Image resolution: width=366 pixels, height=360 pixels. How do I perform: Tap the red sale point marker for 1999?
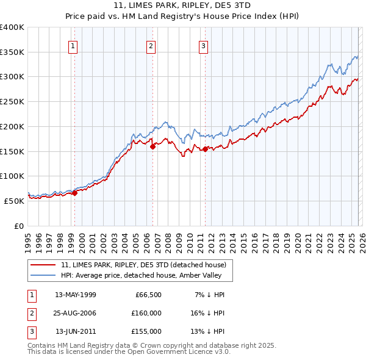[x=74, y=193]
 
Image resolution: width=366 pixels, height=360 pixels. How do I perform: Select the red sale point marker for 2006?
[x=152, y=146]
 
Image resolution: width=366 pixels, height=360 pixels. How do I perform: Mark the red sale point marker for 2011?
[x=205, y=148]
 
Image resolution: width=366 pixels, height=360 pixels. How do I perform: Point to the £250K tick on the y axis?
[x=12, y=101]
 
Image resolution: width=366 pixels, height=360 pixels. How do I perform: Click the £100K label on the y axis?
[x=12, y=176]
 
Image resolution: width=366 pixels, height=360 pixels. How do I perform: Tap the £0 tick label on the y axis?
[x=18, y=226]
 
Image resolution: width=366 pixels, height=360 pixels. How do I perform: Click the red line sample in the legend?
[x=43, y=265]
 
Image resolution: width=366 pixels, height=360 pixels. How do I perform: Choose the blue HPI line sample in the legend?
[x=43, y=275]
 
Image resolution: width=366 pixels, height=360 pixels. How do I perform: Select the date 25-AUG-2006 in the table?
[x=75, y=313]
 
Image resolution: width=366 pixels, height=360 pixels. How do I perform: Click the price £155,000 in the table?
[x=146, y=331]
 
